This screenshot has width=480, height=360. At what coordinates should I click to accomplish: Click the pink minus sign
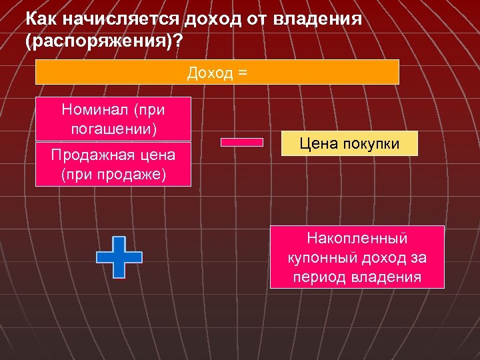point(241,142)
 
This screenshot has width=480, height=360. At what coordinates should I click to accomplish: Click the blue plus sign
point(119,256)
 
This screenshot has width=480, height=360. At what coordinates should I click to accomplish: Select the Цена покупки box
point(349,143)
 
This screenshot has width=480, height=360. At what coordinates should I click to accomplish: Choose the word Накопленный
point(357,238)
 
